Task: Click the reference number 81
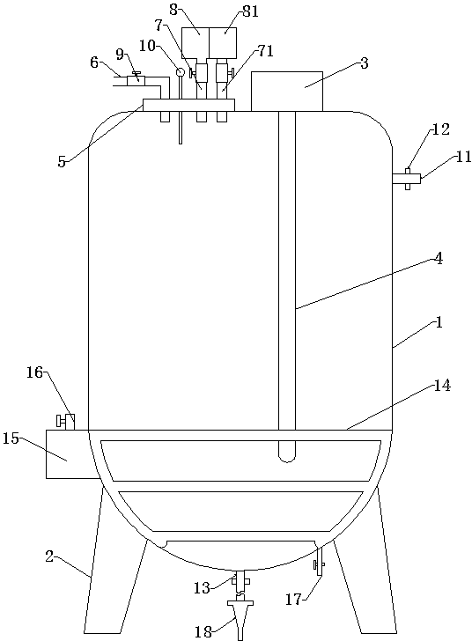point(250,11)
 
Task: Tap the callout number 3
point(364,63)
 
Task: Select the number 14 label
point(442,386)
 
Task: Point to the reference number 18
point(203,632)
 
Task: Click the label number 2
point(49,556)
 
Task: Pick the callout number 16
point(34,372)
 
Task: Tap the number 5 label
point(62,162)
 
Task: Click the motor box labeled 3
point(287,92)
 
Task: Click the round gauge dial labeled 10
point(180,72)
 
